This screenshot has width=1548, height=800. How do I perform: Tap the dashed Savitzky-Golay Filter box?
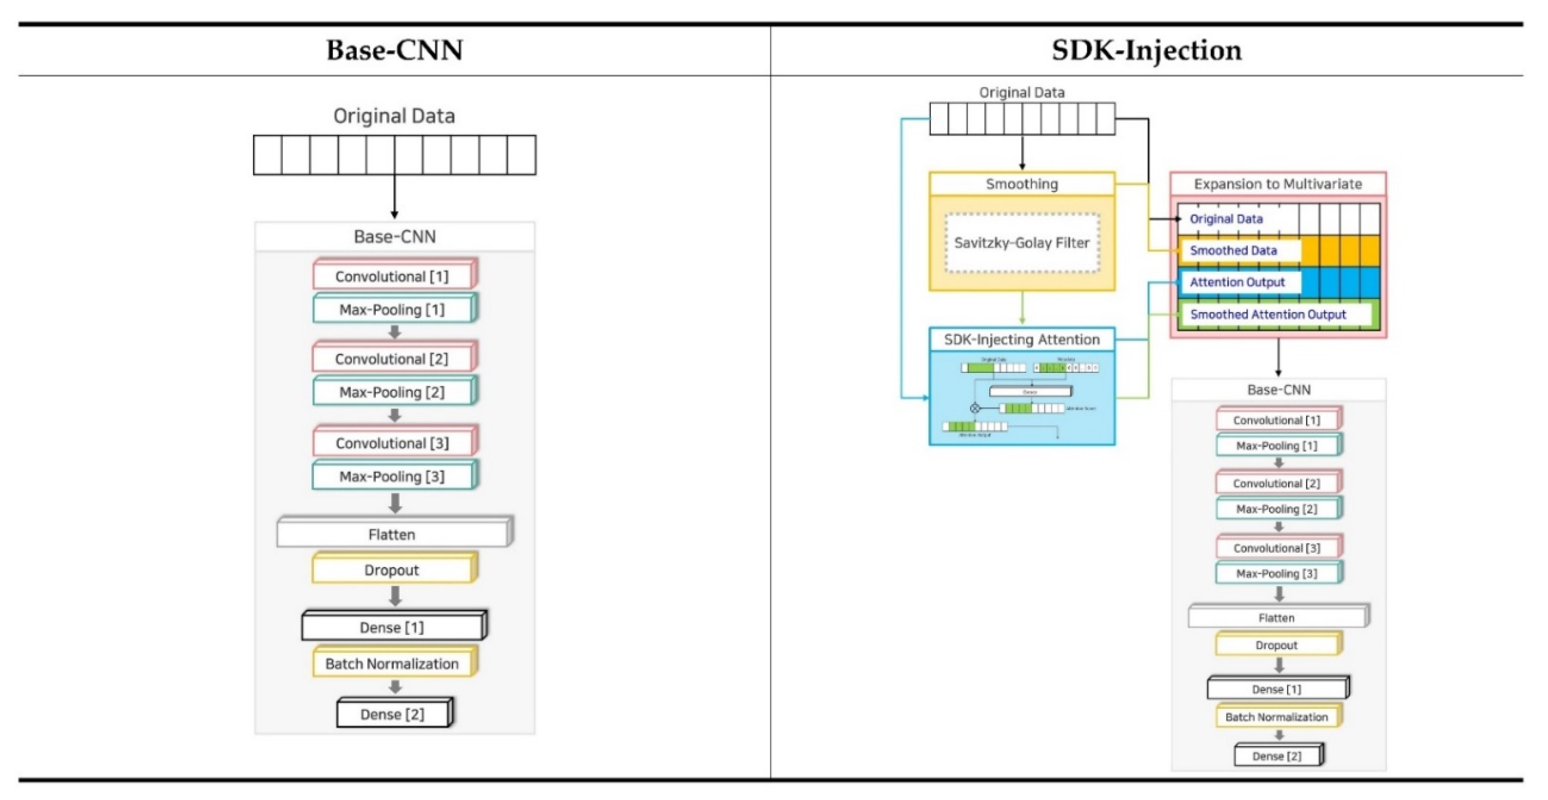[1022, 243]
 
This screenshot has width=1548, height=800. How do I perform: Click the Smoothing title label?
[1022, 184]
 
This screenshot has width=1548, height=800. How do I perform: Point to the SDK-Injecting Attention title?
[1022, 339]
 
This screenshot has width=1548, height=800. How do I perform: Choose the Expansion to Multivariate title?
[1278, 184]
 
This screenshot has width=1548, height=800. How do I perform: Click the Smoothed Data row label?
[1233, 250]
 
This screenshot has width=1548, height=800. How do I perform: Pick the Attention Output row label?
[1237, 282]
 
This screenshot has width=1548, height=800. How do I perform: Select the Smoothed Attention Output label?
[1268, 314]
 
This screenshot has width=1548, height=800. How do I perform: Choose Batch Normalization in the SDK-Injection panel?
[1277, 717]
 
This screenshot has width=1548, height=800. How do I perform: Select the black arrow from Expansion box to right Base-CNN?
[1278, 357]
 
